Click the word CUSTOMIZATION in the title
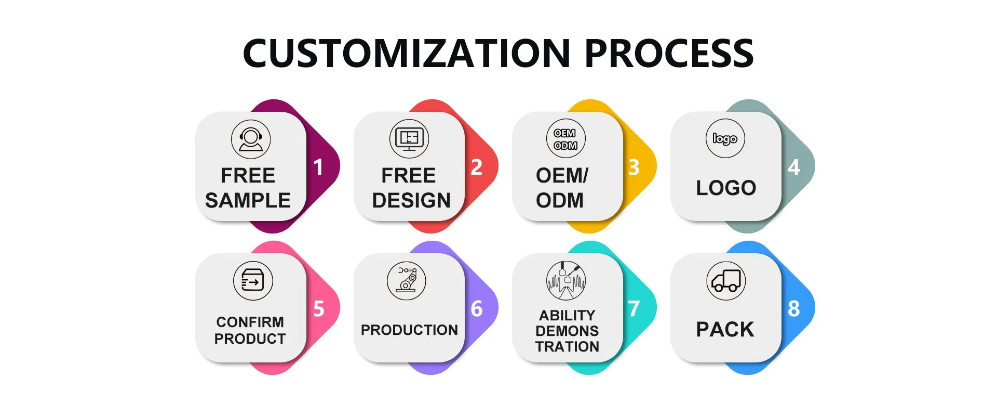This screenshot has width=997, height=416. click(407, 53)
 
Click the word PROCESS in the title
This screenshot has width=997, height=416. click(669, 53)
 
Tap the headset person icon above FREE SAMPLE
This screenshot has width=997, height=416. click(251, 139)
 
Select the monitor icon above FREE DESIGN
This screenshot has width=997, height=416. click(409, 139)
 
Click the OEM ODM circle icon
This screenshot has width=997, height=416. click(565, 139)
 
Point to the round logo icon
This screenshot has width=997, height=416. click(725, 138)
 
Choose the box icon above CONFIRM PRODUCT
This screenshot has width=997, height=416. click(253, 281)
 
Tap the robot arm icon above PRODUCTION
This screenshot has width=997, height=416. click(407, 281)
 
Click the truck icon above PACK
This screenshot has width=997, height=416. click(726, 281)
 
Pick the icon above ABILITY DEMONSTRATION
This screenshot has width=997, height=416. click(566, 281)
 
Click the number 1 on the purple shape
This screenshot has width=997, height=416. click(318, 167)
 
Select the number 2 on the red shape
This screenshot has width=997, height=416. click(477, 167)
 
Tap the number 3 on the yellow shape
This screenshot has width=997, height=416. click(634, 167)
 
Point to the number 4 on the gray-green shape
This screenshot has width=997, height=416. click(793, 167)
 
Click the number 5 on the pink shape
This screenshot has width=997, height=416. click(319, 309)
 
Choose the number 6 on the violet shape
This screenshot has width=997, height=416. click(477, 309)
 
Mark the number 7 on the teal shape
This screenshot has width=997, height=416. click(634, 309)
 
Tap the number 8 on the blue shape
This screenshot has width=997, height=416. click(793, 309)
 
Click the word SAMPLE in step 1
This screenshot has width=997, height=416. click(248, 200)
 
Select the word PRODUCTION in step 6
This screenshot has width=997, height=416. click(409, 330)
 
